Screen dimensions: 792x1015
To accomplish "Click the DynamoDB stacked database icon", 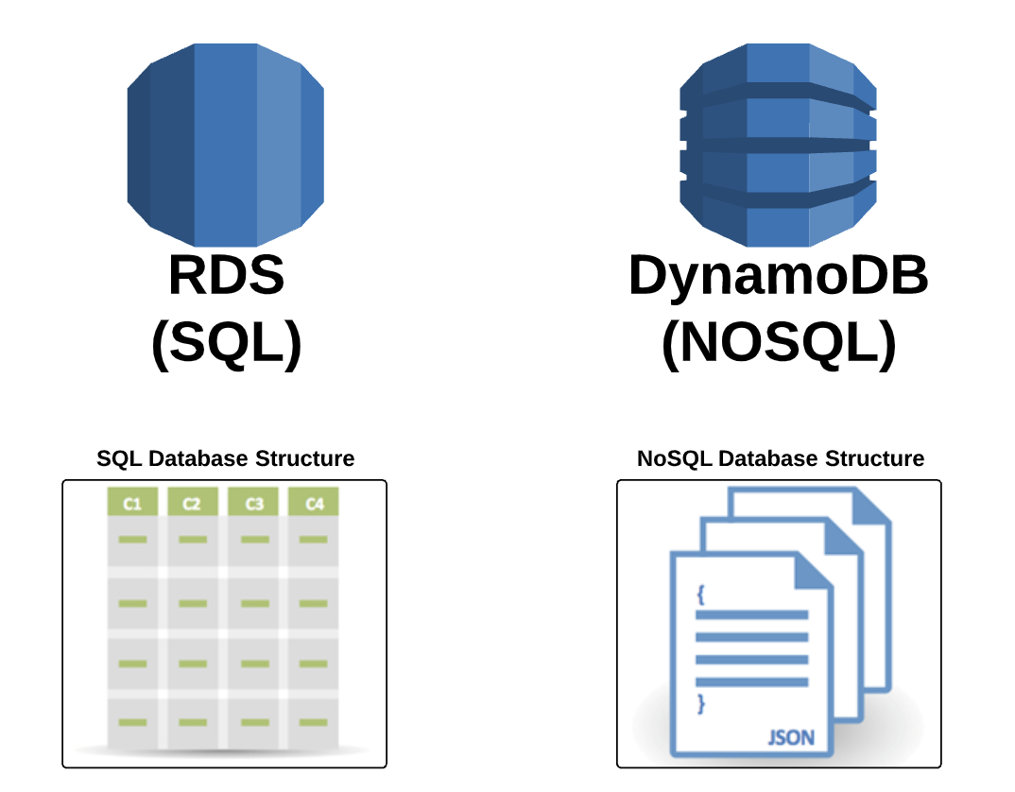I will tap(777, 145).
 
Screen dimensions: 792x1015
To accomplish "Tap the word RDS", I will tap(226, 276).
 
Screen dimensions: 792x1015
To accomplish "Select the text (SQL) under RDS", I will tap(226, 344).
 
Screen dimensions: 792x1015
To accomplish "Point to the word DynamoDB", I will tap(778, 276).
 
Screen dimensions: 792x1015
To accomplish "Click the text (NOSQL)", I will tap(778, 344).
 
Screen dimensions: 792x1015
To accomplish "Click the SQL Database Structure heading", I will tap(226, 459).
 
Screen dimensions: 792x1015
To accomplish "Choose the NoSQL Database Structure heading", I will tap(781, 459).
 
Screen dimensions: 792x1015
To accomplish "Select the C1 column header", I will tap(132, 504).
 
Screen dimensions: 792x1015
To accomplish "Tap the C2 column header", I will tap(193, 504).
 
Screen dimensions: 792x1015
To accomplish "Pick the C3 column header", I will tap(253, 504).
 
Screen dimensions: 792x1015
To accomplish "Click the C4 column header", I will tap(314, 504).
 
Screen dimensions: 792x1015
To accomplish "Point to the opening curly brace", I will tap(700, 594).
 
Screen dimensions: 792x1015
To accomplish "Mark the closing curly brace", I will tap(700, 703).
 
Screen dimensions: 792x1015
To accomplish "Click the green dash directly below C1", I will tap(132, 541).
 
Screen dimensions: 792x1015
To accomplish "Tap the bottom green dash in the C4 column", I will tap(314, 722).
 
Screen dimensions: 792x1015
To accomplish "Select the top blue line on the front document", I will tap(751, 614).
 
